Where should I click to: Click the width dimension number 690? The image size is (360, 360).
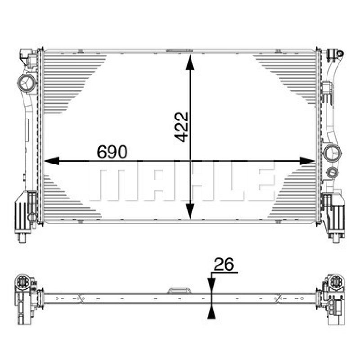[112, 152]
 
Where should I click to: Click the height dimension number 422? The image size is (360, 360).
[181, 127]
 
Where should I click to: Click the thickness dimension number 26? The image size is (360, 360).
[224, 264]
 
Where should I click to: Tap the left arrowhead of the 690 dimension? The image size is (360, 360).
[51, 161]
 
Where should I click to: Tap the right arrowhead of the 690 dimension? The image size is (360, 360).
[307, 161]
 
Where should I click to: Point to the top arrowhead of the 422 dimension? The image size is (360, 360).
[190, 63]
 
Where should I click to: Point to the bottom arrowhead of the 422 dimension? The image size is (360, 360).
[190, 211]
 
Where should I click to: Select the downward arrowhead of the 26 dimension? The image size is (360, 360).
[211, 285]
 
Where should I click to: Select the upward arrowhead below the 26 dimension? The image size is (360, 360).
[211, 311]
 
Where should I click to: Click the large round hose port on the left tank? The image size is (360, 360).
[27, 83]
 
